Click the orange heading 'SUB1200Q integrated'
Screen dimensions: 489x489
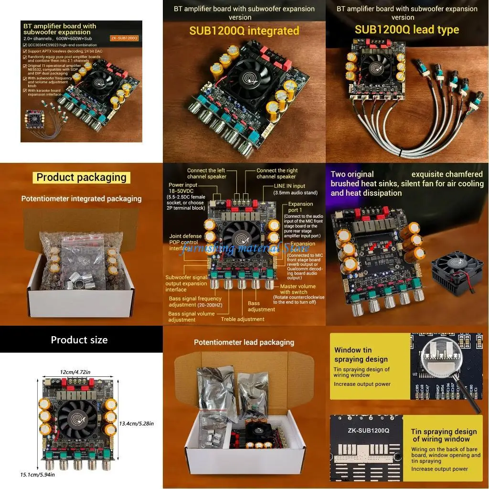244,31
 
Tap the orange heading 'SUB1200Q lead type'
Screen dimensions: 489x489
406,30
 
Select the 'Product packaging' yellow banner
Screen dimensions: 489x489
82,178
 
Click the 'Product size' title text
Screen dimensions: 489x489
79,340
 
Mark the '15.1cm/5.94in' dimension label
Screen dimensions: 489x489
37,474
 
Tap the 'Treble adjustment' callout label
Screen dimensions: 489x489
242,319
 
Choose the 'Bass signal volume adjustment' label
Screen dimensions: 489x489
189,317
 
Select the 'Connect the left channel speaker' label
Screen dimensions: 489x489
206,173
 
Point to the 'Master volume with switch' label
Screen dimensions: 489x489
298,289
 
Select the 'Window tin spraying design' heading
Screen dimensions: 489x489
361,354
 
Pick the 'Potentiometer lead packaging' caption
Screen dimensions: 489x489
244,342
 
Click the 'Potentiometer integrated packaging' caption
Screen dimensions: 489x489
81,199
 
